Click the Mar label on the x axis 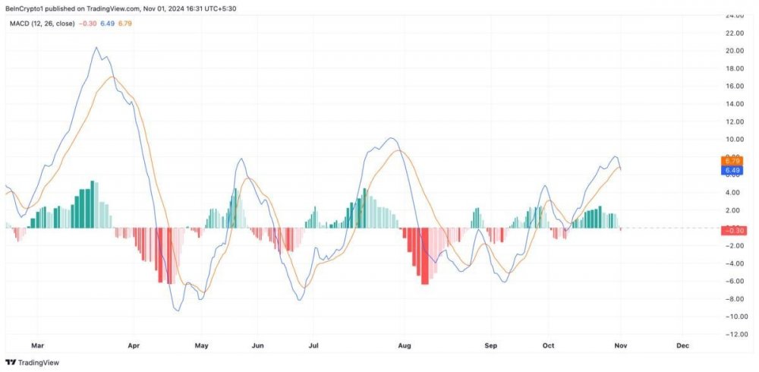pos(38,345)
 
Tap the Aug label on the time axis pos(404,345)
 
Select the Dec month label pos(682,345)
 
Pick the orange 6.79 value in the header pos(125,24)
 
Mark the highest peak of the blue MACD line pos(96,48)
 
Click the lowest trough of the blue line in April pos(178,310)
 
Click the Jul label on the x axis pos(313,345)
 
